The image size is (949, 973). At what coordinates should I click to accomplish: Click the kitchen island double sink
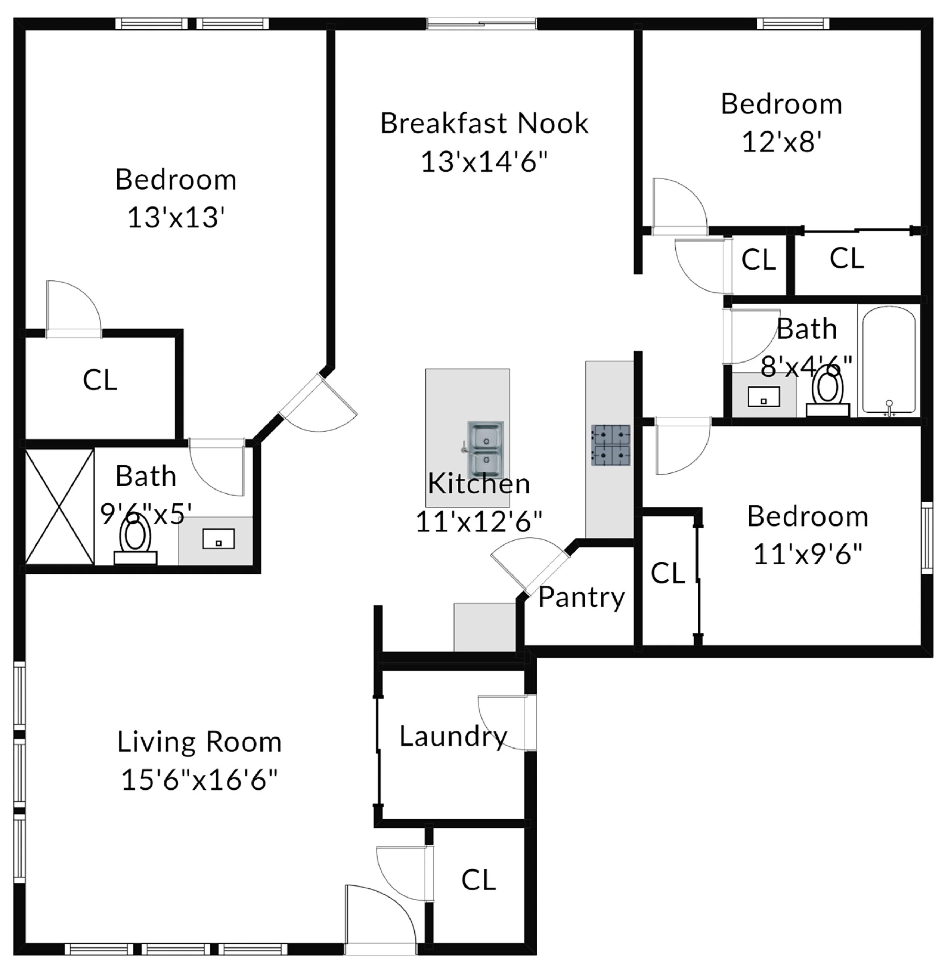coord(485,450)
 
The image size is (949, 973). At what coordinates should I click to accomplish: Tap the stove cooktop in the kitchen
coord(610,445)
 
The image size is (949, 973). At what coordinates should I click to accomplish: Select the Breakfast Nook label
coord(484,124)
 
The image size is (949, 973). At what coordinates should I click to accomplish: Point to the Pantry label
coord(581,597)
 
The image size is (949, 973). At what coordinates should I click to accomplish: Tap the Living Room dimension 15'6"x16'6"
coord(199,780)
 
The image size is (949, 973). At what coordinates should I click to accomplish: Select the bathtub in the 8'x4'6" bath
coord(889,360)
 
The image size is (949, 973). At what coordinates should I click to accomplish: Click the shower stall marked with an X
coord(60,507)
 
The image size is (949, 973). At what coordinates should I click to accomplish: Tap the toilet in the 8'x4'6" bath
coord(827,394)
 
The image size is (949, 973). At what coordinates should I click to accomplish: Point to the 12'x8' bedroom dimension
coord(781,142)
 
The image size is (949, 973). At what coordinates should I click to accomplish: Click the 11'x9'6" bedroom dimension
coord(807,554)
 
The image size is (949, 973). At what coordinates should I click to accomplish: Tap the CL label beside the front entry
coord(479,880)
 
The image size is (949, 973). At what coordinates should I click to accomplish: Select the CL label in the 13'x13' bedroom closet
coord(100,380)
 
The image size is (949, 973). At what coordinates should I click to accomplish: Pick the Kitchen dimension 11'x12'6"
coord(479,521)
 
